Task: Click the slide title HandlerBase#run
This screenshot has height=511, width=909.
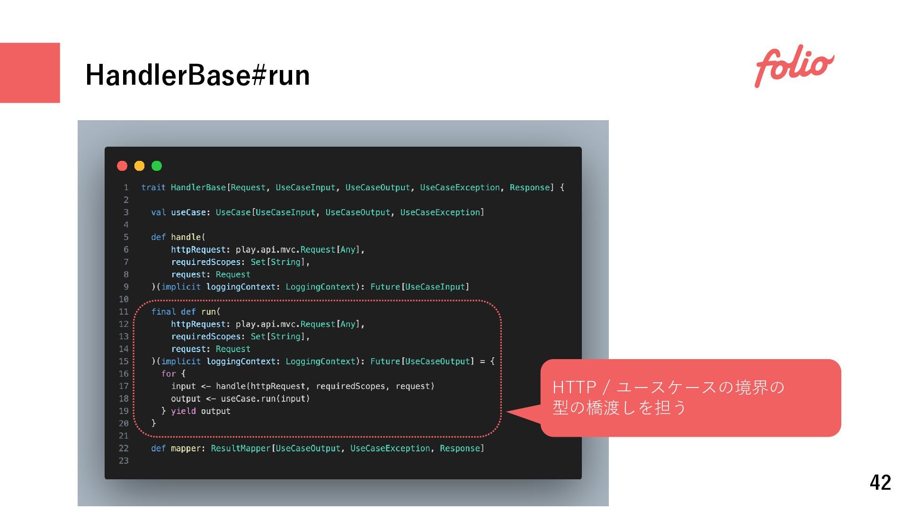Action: (197, 75)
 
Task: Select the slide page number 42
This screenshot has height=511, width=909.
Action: (880, 482)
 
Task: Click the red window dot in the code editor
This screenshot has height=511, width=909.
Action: (122, 166)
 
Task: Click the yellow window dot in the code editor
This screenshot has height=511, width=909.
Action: (139, 166)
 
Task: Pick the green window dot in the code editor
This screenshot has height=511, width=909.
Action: (157, 166)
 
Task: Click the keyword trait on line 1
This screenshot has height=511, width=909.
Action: (153, 187)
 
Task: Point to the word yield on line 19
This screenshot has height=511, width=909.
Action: (183, 411)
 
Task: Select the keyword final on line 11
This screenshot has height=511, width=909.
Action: (163, 311)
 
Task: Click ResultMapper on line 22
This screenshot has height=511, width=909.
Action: (241, 448)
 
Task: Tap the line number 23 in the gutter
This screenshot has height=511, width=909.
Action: (124, 460)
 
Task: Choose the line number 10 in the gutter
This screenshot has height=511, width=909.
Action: (124, 299)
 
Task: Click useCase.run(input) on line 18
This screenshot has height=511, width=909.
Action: (265, 398)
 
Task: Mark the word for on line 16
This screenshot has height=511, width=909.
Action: (168, 374)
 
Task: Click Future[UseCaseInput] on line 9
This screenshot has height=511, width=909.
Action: (419, 287)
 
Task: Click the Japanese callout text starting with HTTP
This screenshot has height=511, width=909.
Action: (668, 397)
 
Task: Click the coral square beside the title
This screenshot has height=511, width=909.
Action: (30, 72)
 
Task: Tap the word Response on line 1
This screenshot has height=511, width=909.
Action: (529, 187)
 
